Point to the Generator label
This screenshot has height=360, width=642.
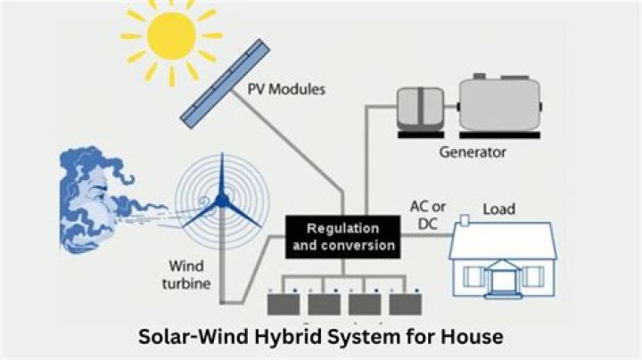pos(473,151)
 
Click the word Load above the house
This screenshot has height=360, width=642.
pos(498,209)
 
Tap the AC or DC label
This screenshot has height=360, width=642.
pos(426,215)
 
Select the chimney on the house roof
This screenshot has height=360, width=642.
pos(465,220)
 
